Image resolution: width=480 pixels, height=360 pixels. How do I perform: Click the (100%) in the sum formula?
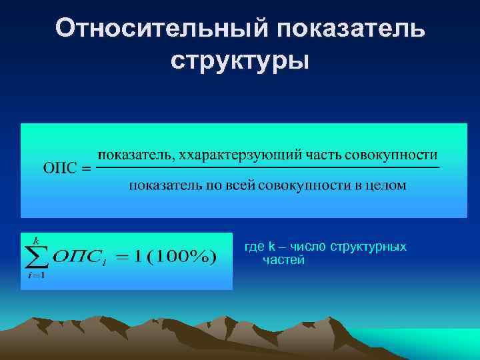181,257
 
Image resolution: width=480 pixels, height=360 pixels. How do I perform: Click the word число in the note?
307,247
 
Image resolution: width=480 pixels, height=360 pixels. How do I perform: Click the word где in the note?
255,247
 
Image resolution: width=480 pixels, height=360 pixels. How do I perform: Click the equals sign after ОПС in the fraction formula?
85,169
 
